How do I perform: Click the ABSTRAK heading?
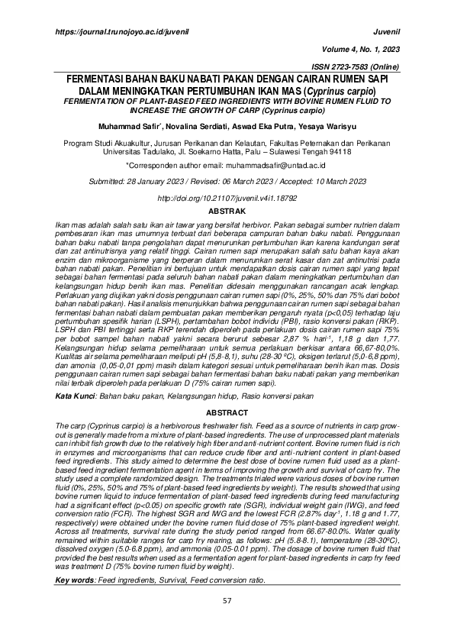pyautogui.click(x=227, y=209)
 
